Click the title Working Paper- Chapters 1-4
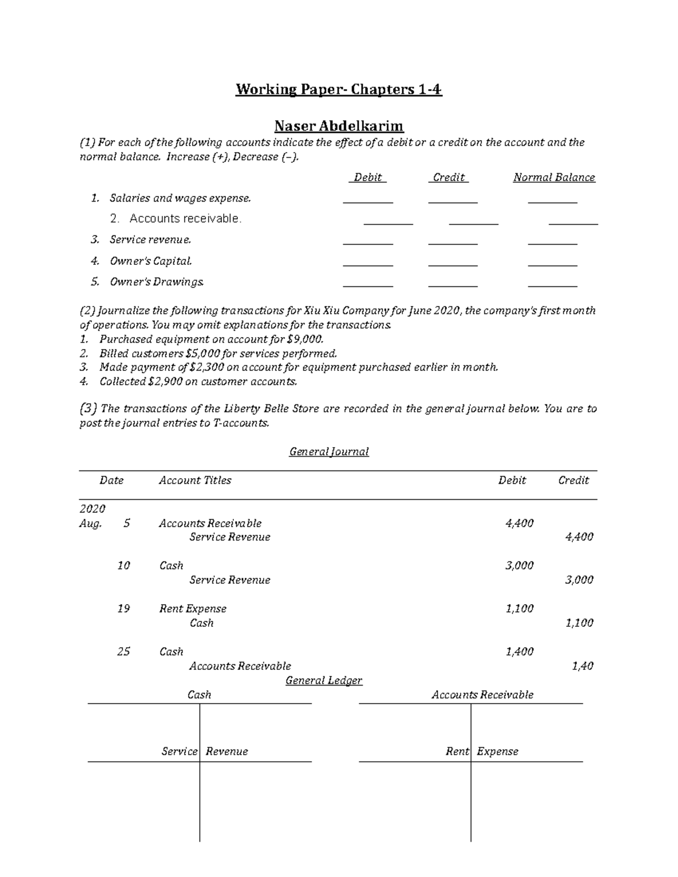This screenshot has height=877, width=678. pos(338,90)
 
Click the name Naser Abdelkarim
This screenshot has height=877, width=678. pos(338,125)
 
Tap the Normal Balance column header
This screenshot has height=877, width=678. pos(554,177)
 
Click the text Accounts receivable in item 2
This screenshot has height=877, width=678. pos(185,219)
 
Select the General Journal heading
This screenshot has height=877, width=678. pos(329,452)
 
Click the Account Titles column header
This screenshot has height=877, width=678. pos(195,480)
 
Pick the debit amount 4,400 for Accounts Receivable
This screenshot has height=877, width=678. pos(519,523)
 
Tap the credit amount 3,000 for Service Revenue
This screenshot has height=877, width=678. pos(579,580)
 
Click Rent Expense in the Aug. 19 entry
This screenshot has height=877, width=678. pos(193,609)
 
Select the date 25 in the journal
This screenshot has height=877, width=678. pos(123,652)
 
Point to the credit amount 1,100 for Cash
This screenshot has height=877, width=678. pos(579,623)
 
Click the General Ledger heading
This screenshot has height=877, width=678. pos(324,680)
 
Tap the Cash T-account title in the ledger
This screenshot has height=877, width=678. pos(199,695)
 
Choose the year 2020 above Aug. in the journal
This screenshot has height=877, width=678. pos(92,509)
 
